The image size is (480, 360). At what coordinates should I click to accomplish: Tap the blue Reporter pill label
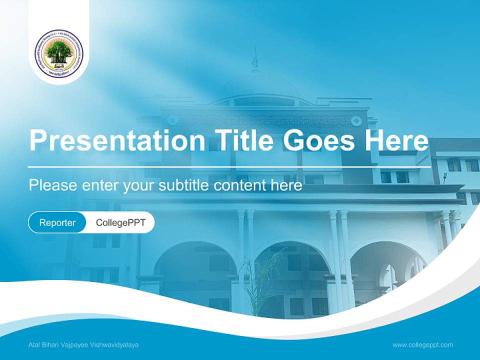click(x=57, y=222)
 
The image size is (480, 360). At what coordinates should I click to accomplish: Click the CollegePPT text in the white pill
click(x=120, y=222)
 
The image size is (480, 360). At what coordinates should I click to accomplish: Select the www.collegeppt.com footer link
click(x=422, y=344)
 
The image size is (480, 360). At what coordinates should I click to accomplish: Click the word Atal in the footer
click(x=34, y=345)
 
